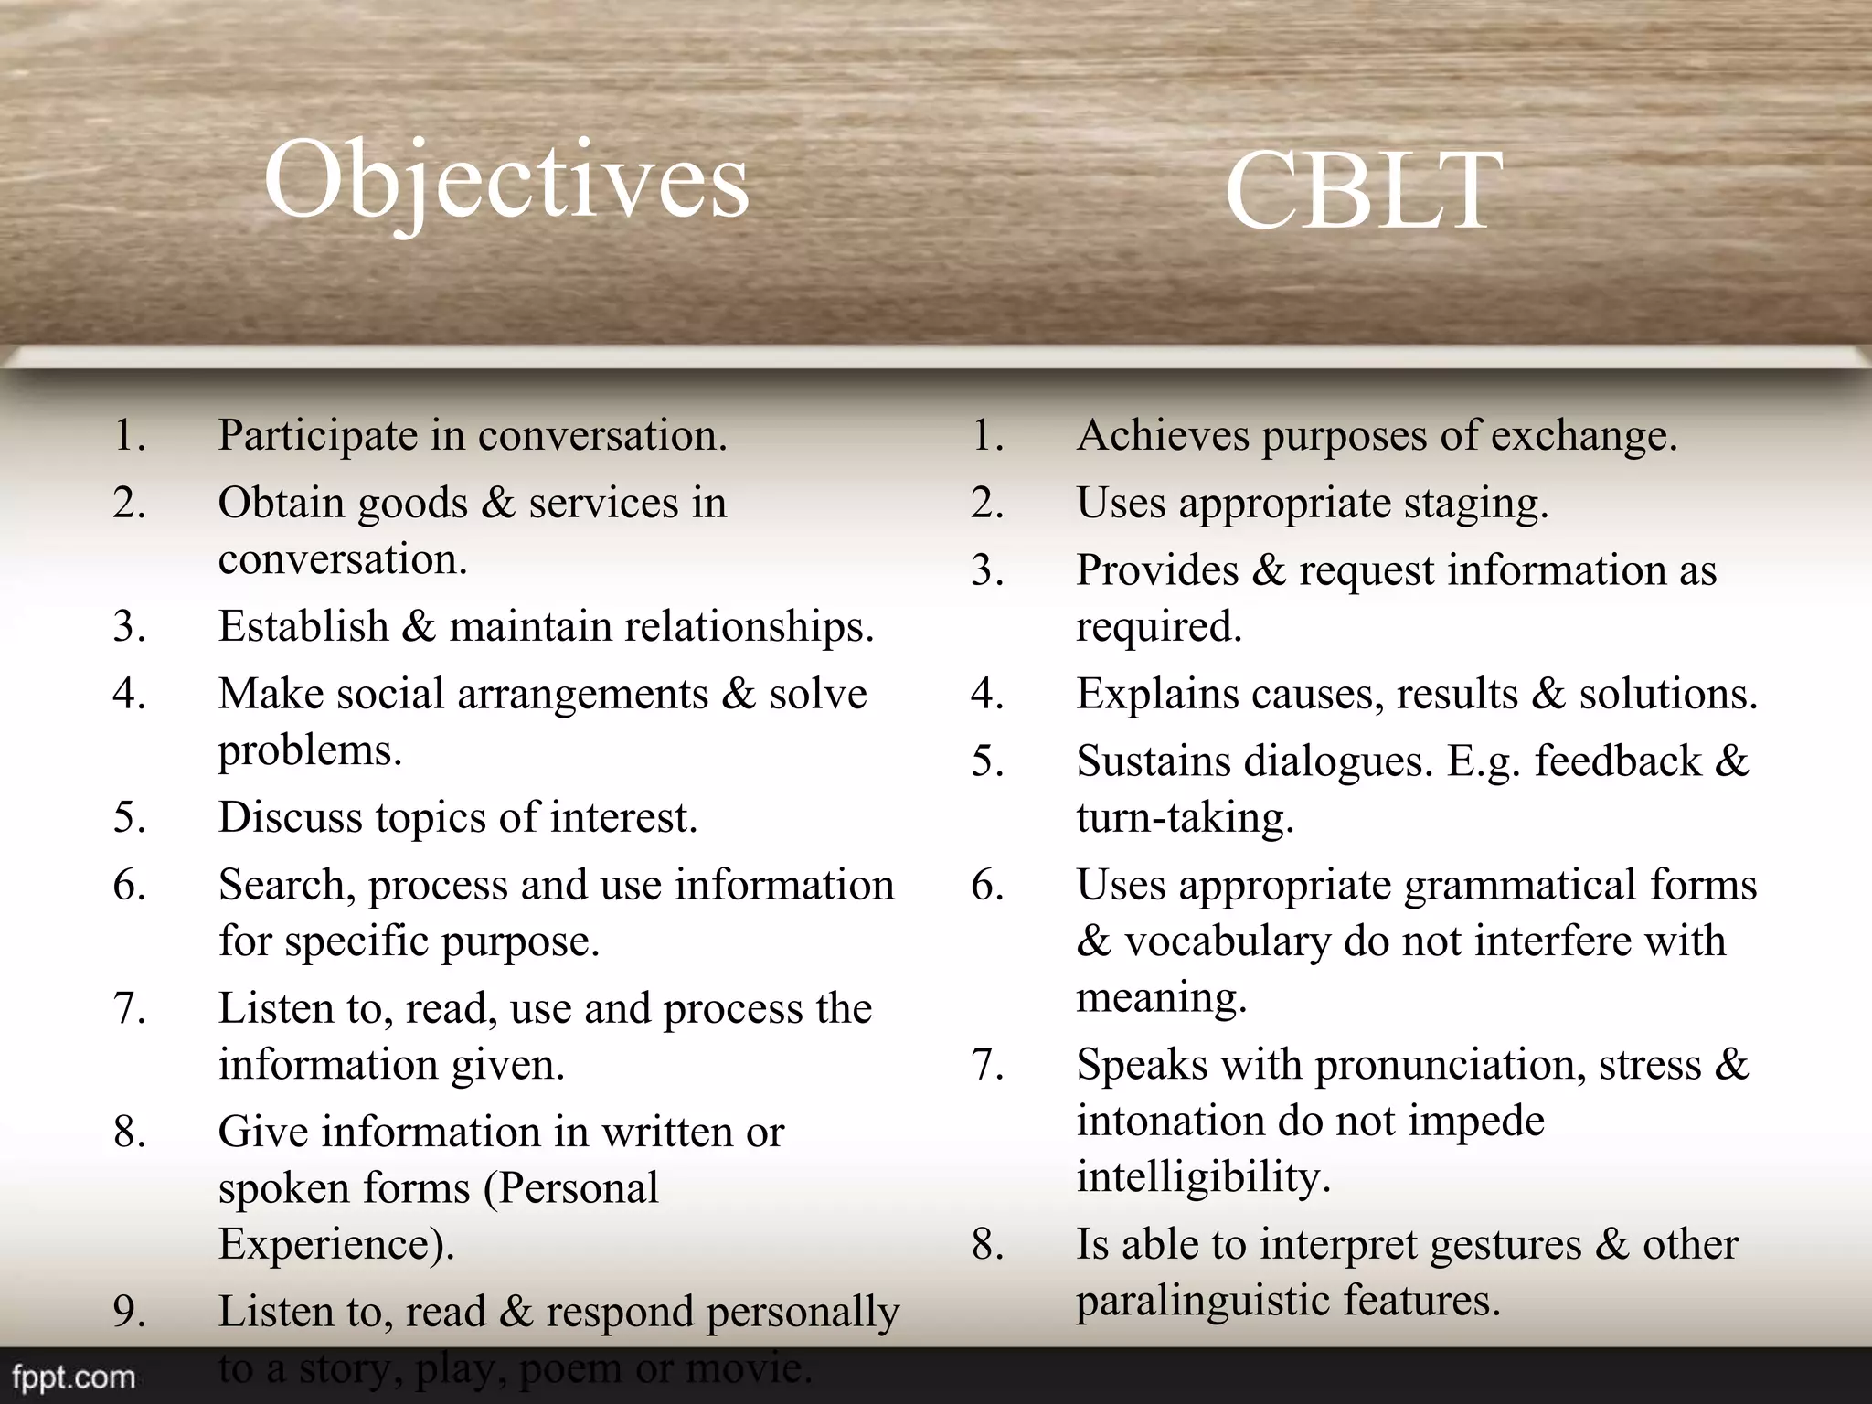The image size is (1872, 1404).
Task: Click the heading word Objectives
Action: pyautogui.click(x=505, y=180)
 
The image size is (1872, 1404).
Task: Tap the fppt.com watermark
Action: pyautogui.click(x=73, y=1377)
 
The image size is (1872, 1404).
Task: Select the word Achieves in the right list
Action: pyautogui.click(x=1162, y=435)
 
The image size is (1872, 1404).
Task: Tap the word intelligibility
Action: pyautogui.click(x=1202, y=1177)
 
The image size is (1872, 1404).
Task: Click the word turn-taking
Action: pyautogui.click(x=1185, y=817)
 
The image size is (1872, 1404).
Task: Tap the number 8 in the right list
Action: pyautogui.click(x=986, y=1245)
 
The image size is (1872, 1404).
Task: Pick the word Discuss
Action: pyautogui.click(x=289, y=817)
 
